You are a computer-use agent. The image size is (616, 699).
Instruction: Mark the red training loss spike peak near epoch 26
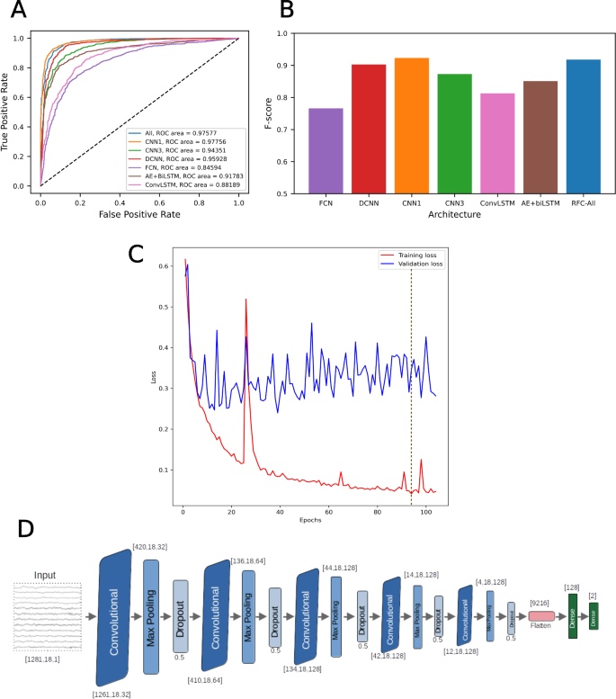246,300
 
